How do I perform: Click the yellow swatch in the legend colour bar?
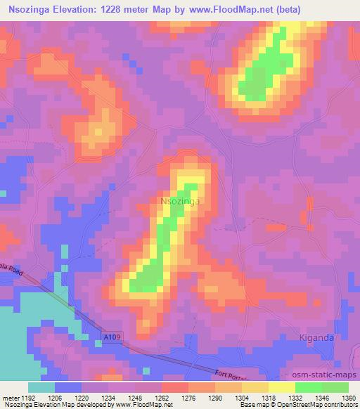tap(282, 387)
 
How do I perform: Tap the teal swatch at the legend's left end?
tap(41, 387)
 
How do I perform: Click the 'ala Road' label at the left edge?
tap(12, 268)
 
